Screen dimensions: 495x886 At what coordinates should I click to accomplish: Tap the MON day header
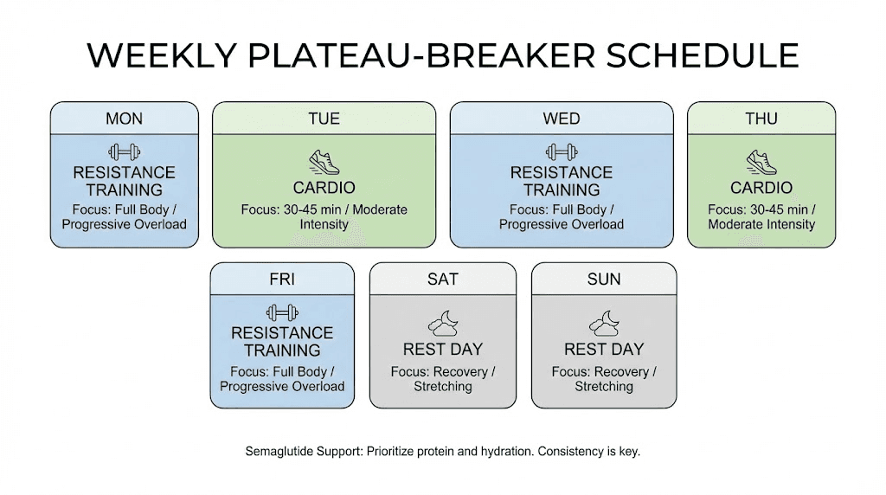124,119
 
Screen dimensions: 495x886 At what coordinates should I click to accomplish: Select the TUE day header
324,119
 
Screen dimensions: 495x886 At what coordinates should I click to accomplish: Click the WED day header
562,119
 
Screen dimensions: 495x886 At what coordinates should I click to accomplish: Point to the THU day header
761,119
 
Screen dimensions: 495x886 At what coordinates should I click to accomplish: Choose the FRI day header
282,280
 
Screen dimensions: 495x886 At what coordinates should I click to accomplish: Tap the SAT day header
442,280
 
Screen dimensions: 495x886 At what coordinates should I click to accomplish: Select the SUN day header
604,280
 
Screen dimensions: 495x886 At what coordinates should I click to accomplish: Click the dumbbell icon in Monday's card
124,152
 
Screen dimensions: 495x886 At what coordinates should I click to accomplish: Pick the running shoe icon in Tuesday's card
324,161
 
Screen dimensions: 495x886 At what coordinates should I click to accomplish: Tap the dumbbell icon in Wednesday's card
562,152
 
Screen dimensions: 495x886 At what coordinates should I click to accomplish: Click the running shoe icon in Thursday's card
761,161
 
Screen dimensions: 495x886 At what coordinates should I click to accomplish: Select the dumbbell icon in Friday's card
282,312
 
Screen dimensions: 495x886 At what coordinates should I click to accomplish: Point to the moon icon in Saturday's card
442,325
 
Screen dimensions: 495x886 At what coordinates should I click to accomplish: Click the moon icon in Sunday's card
604,325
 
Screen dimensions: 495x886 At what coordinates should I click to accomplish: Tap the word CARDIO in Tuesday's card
324,188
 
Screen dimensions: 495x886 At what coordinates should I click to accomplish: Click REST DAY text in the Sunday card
604,350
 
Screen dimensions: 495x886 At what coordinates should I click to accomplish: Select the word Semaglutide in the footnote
280,452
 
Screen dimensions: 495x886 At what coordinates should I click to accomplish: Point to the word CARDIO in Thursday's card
761,188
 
